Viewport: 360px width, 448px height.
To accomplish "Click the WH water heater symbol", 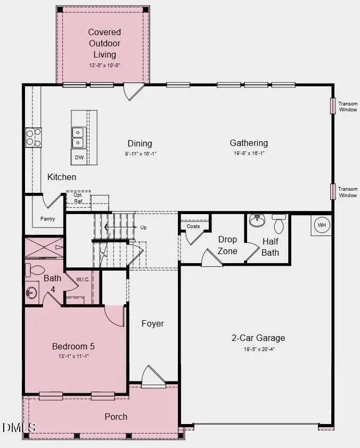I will click(x=322, y=225).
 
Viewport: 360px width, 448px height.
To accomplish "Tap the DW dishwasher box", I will click(x=79, y=157).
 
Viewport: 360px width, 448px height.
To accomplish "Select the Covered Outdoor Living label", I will click(x=104, y=43).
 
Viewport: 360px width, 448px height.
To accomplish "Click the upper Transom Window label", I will click(x=348, y=107).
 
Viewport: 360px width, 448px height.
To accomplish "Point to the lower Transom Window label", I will click(x=348, y=192).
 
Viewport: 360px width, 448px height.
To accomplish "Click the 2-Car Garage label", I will click(x=258, y=338).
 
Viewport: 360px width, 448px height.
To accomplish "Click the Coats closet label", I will click(x=193, y=226).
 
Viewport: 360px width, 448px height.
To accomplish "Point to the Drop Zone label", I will click(x=227, y=245).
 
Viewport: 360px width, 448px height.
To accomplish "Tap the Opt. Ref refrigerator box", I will click(x=78, y=198).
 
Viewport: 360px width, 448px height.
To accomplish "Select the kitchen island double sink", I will click(x=78, y=137).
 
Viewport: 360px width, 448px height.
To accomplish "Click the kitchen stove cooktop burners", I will click(x=33, y=137).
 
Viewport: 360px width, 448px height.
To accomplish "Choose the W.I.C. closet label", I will click(x=83, y=279).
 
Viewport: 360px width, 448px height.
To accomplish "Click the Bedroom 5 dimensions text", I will click(x=73, y=356).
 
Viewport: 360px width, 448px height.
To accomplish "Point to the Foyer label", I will click(x=152, y=323).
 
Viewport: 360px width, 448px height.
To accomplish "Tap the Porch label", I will click(x=116, y=416).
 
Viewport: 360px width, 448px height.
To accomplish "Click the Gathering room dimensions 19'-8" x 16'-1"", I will click(x=249, y=153).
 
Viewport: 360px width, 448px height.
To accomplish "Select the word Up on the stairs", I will click(x=143, y=227).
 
